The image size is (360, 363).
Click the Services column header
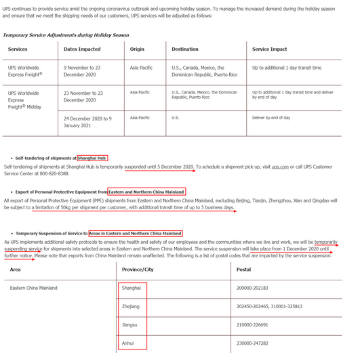click(x=18, y=49)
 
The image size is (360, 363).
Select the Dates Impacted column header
click(x=82, y=49)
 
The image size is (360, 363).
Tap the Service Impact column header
click(x=271, y=49)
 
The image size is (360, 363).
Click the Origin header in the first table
click(x=137, y=49)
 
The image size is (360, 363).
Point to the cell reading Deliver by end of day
click(x=271, y=118)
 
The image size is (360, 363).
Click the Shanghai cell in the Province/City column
click(x=131, y=288)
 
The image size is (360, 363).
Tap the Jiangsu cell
click(x=130, y=325)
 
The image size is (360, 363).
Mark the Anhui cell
click(x=128, y=343)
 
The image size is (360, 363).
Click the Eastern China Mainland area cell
click(x=34, y=288)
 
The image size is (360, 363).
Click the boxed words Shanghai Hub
click(x=92, y=158)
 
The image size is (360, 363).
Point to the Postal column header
click(x=244, y=269)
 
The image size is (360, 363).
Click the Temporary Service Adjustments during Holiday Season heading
click(x=66, y=35)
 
